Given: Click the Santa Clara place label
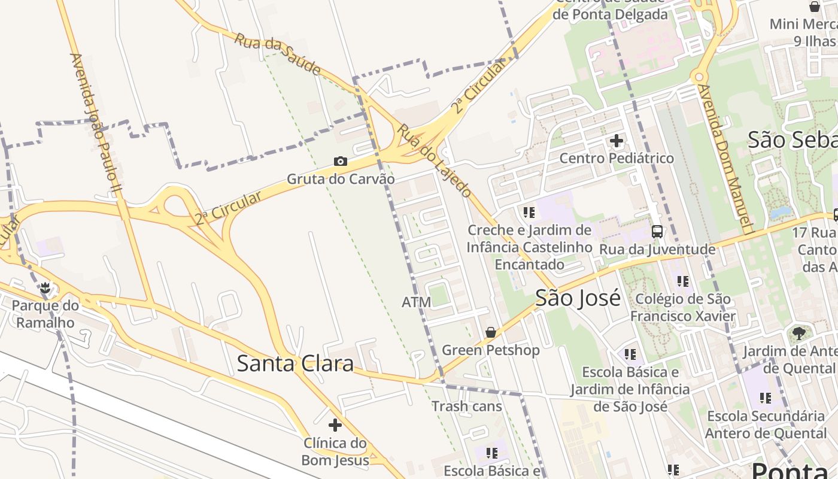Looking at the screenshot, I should coord(295,363).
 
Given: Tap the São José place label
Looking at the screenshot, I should coord(578,298).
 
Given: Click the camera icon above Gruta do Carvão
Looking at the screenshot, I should coord(341,162).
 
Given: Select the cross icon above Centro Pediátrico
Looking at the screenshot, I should coord(617,141).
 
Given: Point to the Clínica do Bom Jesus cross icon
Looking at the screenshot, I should coord(335,425).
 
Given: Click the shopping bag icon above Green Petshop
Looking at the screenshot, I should coord(491,332).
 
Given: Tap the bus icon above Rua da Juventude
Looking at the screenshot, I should coord(657,232).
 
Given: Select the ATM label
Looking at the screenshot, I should coord(416,302).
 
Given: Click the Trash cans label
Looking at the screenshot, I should coord(467,407).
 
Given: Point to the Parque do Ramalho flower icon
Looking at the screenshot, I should coord(45,288).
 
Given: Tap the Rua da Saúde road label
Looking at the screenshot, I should coord(277,54).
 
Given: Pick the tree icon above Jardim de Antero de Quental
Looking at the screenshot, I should coord(798,334).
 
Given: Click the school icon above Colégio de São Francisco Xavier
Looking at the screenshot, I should coord(682,281).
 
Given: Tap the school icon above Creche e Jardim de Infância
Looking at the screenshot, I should coord(529,213).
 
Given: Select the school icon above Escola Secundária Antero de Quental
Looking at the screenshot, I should coord(765,398).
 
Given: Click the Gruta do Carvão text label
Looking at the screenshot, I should coord(341,179).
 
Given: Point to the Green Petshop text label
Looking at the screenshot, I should coord(491,350).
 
